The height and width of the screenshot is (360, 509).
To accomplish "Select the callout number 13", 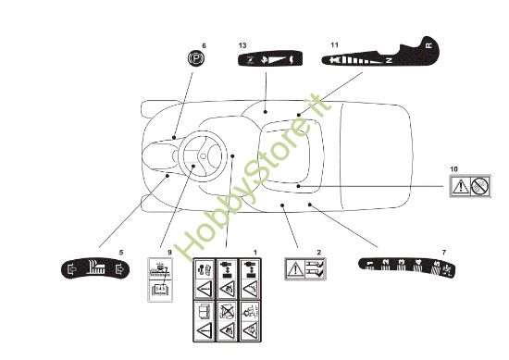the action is tap(242, 45).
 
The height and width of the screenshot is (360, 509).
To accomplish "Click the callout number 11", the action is tap(333, 45).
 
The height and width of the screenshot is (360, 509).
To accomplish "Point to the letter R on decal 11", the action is tap(427, 44).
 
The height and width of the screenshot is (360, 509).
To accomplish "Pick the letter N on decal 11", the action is tap(389, 58).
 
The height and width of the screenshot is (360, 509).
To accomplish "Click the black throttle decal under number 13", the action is tap(267, 60).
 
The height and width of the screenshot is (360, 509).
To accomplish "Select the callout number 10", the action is tap(453, 168).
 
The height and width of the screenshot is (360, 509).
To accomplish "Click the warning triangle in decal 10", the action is tap(460, 186).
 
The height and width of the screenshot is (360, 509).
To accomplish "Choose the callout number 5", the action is tap(120, 252).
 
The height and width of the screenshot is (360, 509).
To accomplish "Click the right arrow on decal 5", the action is tap(118, 271).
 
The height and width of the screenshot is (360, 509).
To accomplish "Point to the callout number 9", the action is tap(169, 252).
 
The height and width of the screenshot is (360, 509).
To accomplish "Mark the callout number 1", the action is tap(255, 252).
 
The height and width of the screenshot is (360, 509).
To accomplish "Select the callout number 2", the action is tap(318, 252).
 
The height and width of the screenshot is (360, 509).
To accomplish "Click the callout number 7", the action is tap(443, 252).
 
